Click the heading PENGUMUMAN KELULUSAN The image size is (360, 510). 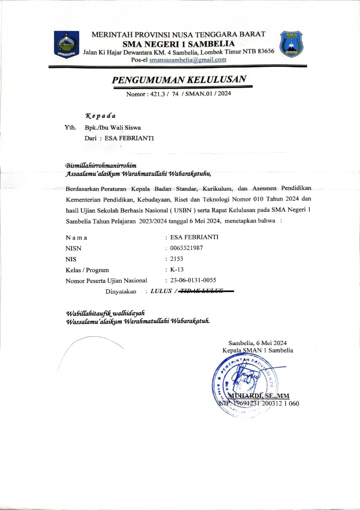click(x=179, y=79)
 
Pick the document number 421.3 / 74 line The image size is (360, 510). click(x=178, y=94)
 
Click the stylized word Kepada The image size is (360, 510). click(x=101, y=116)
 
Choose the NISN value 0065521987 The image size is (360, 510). click(x=186, y=248)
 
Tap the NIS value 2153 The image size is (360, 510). click(x=177, y=259)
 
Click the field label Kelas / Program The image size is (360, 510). click(x=87, y=270)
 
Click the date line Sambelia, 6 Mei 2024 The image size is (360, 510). click(x=258, y=343)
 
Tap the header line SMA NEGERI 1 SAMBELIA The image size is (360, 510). click(x=178, y=44)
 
